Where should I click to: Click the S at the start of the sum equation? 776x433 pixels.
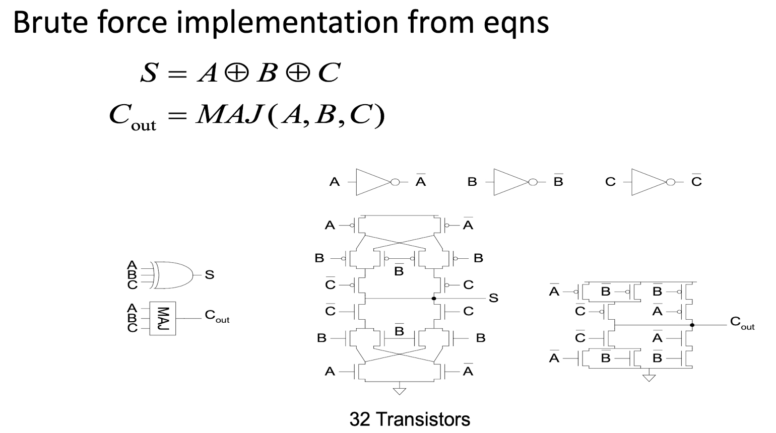click(x=149, y=73)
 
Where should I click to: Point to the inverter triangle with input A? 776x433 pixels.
click(x=373, y=182)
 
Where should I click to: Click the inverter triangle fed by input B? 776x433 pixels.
click(x=511, y=182)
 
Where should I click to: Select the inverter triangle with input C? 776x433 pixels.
click(x=649, y=182)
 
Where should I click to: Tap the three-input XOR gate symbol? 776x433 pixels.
click(x=173, y=275)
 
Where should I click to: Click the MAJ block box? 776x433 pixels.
click(x=162, y=318)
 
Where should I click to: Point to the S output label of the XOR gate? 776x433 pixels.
click(x=210, y=275)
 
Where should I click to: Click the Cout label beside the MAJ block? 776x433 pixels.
click(x=217, y=316)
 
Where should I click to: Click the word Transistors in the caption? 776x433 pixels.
click(x=423, y=419)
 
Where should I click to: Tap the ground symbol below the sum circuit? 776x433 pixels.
click(x=400, y=391)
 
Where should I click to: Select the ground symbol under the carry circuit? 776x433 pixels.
click(x=649, y=378)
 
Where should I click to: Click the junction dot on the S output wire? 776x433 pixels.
click(x=434, y=299)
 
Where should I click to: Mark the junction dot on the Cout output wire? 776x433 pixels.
click(x=692, y=325)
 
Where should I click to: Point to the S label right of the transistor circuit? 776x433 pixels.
click(x=493, y=298)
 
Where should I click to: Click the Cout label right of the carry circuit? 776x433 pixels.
click(x=742, y=323)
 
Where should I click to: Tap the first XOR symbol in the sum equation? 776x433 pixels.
click(x=237, y=73)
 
